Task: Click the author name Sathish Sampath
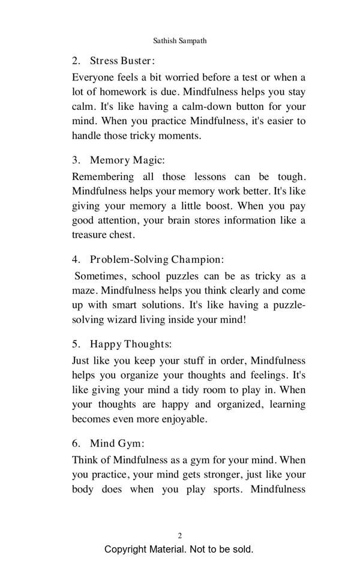[180, 41]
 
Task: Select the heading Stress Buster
[122, 61]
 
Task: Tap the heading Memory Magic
[127, 160]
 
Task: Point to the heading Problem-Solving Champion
[157, 260]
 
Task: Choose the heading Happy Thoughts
[130, 344]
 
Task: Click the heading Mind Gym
[117, 444]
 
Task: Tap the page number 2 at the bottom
[180, 535]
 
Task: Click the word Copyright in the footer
[127, 550]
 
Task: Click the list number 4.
[76, 260]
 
